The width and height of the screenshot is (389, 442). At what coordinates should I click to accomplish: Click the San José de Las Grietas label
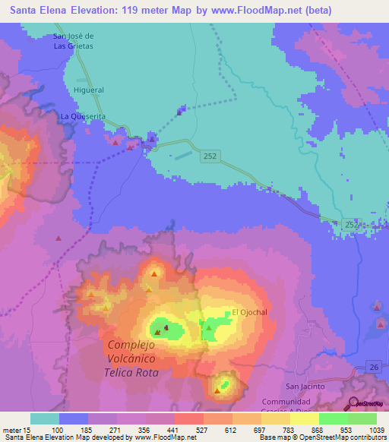coord(73,40)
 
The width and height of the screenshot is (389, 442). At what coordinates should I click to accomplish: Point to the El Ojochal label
coord(250,312)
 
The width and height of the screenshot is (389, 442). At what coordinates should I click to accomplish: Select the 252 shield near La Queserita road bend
coord(211,156)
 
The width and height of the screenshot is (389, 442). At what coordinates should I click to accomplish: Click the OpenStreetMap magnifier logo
coord(354,405)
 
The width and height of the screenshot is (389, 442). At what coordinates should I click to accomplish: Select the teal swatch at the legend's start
coord(44,418)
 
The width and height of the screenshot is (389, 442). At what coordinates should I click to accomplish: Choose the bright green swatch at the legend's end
coord(362,418)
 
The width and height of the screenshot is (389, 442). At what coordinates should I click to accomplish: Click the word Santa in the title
coord(23,8)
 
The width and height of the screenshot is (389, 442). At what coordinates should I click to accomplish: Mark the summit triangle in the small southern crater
coord(218,390)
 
